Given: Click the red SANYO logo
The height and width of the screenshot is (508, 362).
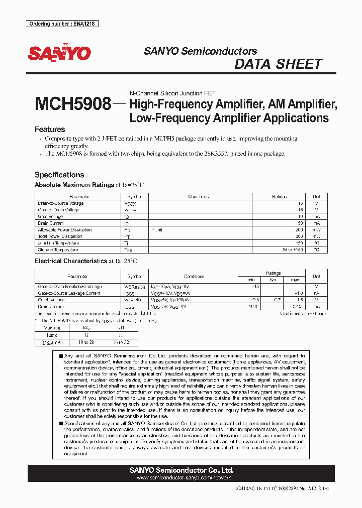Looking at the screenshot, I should coord(59,53).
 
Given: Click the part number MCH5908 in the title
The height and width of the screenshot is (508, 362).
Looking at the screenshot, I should coord(72,104).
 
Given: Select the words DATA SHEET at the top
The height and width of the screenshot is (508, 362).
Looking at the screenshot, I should coord(278,64).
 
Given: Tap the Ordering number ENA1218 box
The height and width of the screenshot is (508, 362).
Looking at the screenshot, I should coord(62,24).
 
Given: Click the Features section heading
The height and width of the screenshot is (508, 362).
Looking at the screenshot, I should coord(49,129).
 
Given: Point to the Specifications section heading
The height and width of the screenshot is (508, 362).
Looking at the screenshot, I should coord(59,175).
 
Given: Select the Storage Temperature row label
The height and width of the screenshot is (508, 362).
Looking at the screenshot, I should coord(58,249).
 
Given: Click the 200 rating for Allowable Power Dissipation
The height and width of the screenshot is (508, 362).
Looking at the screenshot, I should coord(300,230).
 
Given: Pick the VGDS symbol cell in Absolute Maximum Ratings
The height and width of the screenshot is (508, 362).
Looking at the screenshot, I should coord(130,210).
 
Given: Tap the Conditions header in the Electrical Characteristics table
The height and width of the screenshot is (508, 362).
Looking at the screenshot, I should coord(194,277).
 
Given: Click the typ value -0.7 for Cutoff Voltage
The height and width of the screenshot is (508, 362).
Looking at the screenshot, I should coord(275,300).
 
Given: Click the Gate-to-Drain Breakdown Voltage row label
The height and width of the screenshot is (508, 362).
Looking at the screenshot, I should coord(69,287).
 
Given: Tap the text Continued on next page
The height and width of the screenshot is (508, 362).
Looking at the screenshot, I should coord(303,313).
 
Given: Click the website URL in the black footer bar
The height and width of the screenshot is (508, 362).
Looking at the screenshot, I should coord(181,477).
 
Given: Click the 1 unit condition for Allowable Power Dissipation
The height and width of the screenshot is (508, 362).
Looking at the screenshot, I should coord(157,230).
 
